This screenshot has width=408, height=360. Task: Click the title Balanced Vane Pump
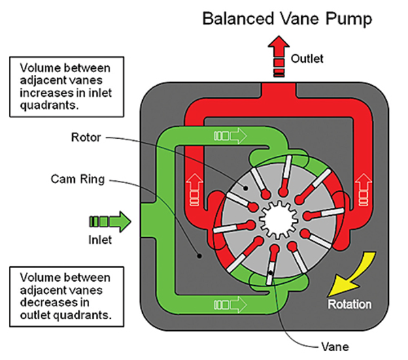coord(288,18)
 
